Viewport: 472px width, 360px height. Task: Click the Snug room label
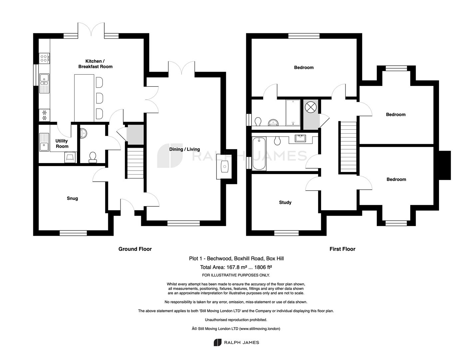72,198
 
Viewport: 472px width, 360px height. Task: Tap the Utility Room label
62,144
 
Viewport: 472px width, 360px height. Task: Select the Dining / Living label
185,149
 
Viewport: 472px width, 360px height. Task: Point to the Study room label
285,202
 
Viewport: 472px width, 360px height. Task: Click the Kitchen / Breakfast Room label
95,64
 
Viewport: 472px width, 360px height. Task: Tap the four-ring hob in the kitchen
44,58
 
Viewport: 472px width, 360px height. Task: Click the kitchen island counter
84,98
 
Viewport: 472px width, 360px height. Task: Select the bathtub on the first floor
259,154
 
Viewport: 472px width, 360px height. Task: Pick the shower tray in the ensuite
293,113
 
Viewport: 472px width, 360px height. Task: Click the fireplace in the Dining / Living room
224,167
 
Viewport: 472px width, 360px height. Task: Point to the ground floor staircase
135,163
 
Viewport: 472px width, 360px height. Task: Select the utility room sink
44,142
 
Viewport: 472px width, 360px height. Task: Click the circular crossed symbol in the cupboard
311,107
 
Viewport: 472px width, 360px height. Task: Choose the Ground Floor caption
135,249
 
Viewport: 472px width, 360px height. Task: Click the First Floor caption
342,249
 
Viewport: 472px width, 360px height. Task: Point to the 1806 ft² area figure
263,267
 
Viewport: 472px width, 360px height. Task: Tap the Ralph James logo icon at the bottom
218,342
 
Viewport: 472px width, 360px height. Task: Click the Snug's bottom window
73,233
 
